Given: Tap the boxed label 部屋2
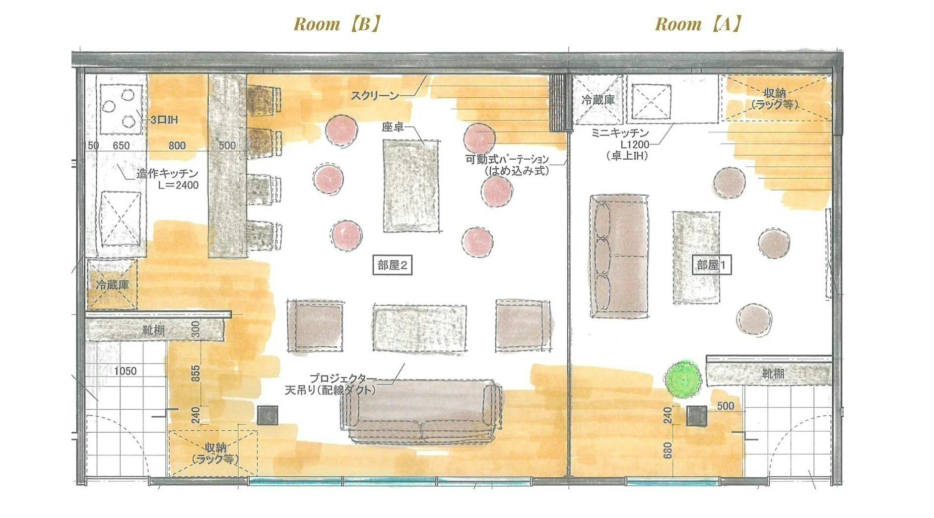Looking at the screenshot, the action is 393,265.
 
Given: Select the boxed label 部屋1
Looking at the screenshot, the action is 711,265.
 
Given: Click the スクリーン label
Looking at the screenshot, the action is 375,95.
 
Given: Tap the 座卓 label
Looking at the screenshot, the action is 393,128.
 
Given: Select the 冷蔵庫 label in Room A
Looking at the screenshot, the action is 598,100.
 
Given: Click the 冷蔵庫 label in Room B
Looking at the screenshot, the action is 113,285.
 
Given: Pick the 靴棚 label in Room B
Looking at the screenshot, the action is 153,330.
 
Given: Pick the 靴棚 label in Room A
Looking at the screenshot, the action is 773,373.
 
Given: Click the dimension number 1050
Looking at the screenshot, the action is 125,371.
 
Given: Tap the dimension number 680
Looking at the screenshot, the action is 667,451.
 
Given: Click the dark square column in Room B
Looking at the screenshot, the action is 268,415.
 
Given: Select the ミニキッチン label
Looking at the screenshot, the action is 620,132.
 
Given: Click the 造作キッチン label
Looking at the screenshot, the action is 168,174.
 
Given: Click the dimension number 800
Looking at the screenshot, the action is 177,145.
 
